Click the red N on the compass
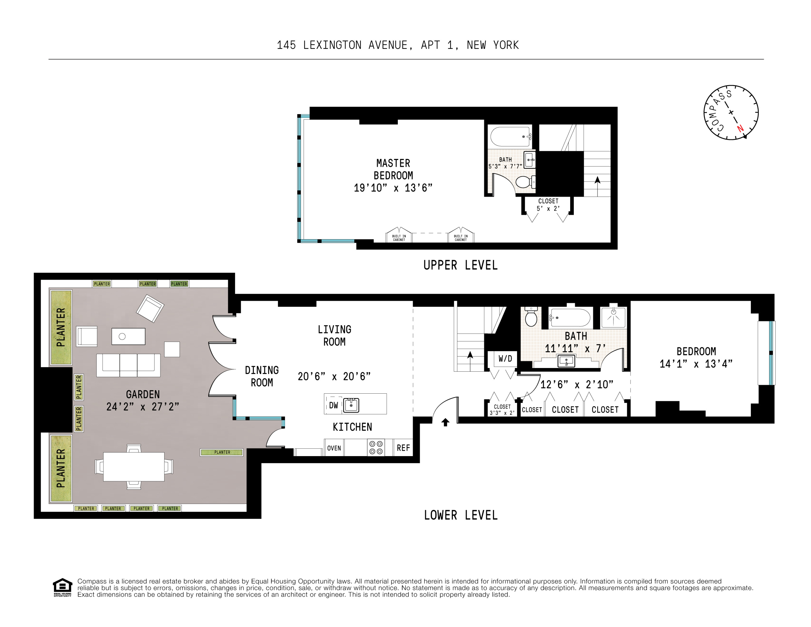pyautogui.click(x=740, y=129)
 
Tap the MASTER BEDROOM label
pyautogui.click(x=393, y=169)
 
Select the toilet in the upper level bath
pyautogui.click(x=524, y=182)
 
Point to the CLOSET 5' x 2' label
pyautogui.click(x=548, y=205)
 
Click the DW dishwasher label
pyautogui.click(x=334, y=405)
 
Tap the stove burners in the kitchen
pyautogui.click(x=376, y=447)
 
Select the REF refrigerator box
pyautogui.click(x=403, y=448)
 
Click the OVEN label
pyautogui.click(x=334, y=448)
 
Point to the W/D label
pyautogui.click(x=505, y=358)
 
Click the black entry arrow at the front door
pyautogui.click(x=445, y=422)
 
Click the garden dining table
pyautogui.click(x=134, y=466)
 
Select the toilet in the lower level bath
pyautogui.click(x=531, y=317)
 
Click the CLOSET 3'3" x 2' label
pyautogui.click(x=502, y=410)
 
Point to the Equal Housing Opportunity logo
pyautogui.click(x=62, y=587)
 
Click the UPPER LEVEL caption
pyautogui.click(x=461, y=265)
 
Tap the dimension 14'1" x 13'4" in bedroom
pyautogui.click(x=696, y=364)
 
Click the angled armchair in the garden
pyautogui.click(x=150, y=308)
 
